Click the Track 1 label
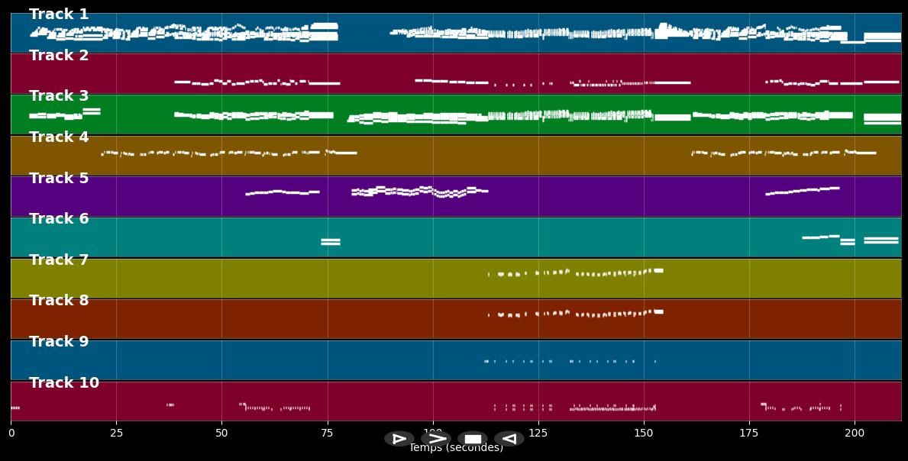[x=59, y=15]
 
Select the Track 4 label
[x=59, y=137]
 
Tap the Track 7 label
[x=59, y=260]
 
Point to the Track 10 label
[x=64, y=383]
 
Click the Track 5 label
[x=59, y=179]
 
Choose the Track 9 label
[x=59, y=342]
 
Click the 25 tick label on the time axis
[x=116, y=434]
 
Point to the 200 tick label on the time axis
[x=855, y=434]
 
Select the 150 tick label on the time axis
[x=644, y=434]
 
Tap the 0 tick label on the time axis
[x=11, y=434]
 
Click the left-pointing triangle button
[x=509, y=439]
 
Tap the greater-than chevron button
[x=436, y=439]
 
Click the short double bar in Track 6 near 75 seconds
[x=331, y=242]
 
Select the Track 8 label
[x=59, y=301]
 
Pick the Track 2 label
[x=59, y=56]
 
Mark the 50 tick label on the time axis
[x=221, y=434]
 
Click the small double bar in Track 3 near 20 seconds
[x=92, y=111]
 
